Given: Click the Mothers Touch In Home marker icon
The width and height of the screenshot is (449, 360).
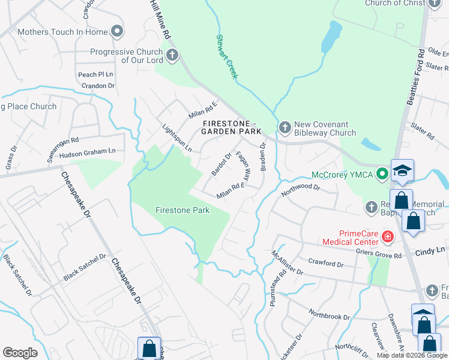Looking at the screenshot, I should (x=117, y=31).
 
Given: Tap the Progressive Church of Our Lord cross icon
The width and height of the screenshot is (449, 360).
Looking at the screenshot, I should (x=172, y=56).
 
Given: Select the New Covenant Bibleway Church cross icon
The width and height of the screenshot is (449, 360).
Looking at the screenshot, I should (x=285, y=127).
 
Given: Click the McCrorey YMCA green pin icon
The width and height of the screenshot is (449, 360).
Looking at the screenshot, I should (x=381, y=175).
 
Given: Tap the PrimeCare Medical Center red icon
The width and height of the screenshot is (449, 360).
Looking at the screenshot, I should (x=388, y=237).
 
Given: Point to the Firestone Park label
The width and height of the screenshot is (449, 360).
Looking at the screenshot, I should (x=182, y=211).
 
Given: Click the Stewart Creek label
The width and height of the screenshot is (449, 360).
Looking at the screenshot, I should (x=227, y=56).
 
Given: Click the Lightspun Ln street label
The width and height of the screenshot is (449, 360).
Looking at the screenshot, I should (x=177, y=137).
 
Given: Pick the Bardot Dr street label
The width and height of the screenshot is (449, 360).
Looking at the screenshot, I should (x=221, y=165).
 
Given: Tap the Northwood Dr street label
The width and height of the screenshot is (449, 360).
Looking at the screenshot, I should (x=301, y=190).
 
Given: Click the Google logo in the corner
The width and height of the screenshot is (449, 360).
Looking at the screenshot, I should (x=20, y=353).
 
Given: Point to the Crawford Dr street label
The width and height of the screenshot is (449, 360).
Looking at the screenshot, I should (x=326, y=263).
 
